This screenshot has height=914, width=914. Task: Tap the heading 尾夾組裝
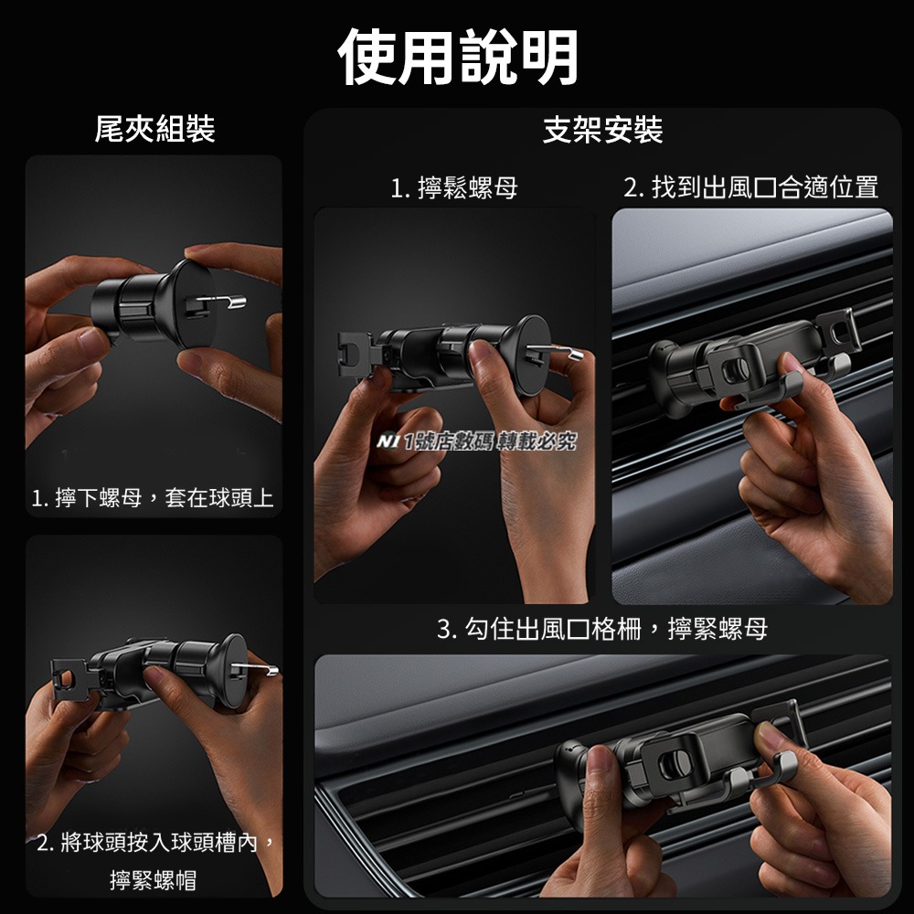pyautogui.click(x=154, y=129)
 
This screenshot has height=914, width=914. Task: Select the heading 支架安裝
pyautogui.click(x=602, y=129)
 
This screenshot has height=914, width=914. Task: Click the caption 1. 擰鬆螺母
pyautogui.click(x=454, y=188)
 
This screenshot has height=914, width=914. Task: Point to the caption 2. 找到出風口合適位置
pyautogui.click(x=750, y=188)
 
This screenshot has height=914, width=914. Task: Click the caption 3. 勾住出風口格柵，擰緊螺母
pyautogui.click(x=602, y=629)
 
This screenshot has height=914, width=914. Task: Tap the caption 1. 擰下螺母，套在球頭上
pyautogui.click(x=153, y=499)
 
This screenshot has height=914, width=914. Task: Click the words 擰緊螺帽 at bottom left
pyautogui.click(x=153, y=880)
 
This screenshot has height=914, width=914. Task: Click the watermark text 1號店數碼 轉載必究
pyautogui.click(x=494, y=442)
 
